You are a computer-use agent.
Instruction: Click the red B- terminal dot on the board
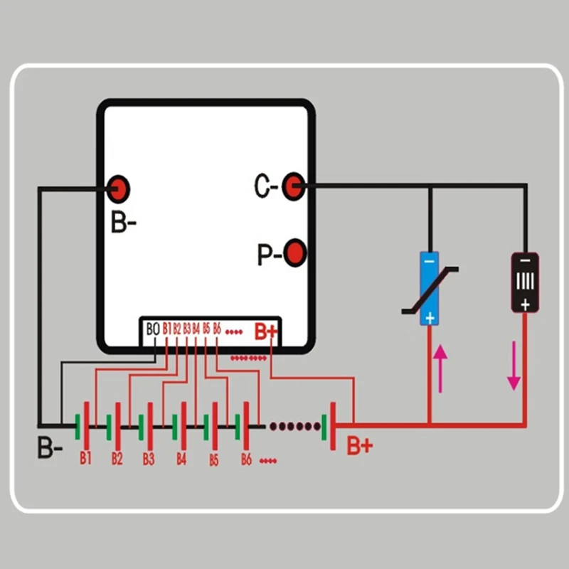(x=118, y=189)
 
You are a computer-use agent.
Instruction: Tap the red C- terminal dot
(x=293, y=186)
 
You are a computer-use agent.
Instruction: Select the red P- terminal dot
(x=294, y=253)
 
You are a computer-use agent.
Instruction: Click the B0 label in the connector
(x=153, y=329)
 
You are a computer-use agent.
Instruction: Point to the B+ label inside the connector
(x=266, y=331)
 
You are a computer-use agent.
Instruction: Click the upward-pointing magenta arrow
(x=440, y=368)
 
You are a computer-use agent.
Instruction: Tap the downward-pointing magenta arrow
(x=514, y=366)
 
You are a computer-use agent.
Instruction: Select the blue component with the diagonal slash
(x=430, y=289)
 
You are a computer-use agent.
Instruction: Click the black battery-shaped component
(x=525, y=282)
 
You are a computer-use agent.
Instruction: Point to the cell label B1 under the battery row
(x=85, y=458)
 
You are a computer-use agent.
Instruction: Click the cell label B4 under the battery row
(x=181, y=459)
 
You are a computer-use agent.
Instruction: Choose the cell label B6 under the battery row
(x=246, y=459)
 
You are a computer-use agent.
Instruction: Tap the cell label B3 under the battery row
(x=149, y=459)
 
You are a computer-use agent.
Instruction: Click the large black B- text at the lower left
(x=50, y=447)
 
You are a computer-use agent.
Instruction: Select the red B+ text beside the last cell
(x=360, y=446)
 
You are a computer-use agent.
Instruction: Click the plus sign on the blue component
(x=430, y=318)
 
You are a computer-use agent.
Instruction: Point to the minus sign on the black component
(x=525, y=261)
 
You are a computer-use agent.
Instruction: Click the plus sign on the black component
(x=525, y=305)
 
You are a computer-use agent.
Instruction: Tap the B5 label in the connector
(x=206, y=329)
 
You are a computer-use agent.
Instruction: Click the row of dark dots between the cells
(x=295, y=426)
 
